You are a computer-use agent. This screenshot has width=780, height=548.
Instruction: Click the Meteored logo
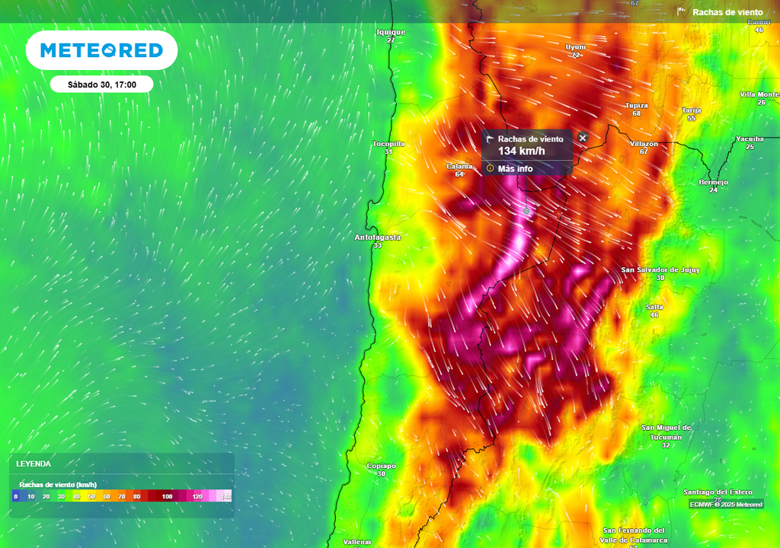coord(101,50)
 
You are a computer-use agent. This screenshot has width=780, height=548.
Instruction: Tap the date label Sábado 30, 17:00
coord(101,84)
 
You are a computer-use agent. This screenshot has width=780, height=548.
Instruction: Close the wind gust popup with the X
coord(583,138)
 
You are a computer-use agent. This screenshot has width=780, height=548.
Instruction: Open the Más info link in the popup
coord(515,168)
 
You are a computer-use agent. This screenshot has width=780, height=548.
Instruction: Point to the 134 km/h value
coord(522,151)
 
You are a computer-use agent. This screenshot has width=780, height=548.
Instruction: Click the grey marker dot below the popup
coord(526,210)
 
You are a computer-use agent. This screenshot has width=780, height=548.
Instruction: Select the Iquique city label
coord(391,32)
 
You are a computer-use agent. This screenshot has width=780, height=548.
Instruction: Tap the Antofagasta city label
coord(377,237)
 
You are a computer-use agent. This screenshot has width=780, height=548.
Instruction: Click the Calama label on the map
coord(459,166)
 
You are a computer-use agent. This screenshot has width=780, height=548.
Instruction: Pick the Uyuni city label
coord(576,46)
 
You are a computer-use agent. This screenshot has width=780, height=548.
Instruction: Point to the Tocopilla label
coord(388,143)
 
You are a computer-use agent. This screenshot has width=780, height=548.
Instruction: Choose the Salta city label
coord(654,307)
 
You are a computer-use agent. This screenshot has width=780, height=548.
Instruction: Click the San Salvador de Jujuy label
coord(660,269)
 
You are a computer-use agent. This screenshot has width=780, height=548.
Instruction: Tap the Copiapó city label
coord(381,465)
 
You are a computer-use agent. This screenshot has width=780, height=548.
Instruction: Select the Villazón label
coord(644,143)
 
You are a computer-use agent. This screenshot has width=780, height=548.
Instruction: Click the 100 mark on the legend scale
coord(167,496)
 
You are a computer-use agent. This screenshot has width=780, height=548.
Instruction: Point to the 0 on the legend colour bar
coord(15,496)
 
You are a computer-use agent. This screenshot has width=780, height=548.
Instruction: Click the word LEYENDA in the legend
coord(34,464)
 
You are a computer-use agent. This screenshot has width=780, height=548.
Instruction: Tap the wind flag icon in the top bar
coord(682,11)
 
